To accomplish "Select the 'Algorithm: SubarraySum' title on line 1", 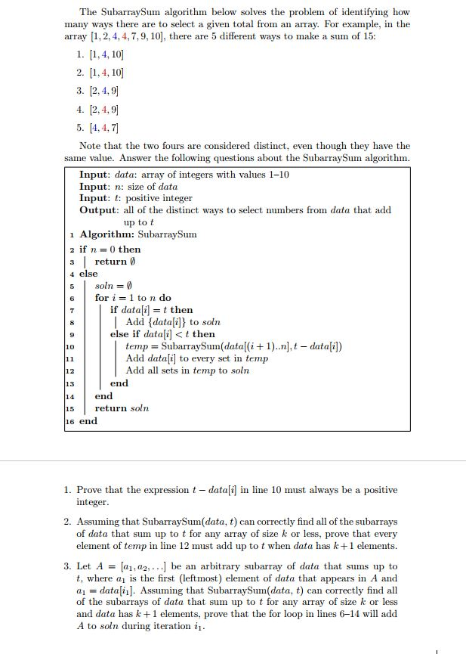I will [137, 234].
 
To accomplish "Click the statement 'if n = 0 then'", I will [110, 250].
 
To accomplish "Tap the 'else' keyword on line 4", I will [88, 274].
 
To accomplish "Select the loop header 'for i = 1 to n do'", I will [133, 298].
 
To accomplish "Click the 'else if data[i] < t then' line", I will [162, 334].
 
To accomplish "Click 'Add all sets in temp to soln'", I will [187, 370].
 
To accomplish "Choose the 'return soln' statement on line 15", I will [122, 408].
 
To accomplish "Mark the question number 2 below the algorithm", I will [67, 522].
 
